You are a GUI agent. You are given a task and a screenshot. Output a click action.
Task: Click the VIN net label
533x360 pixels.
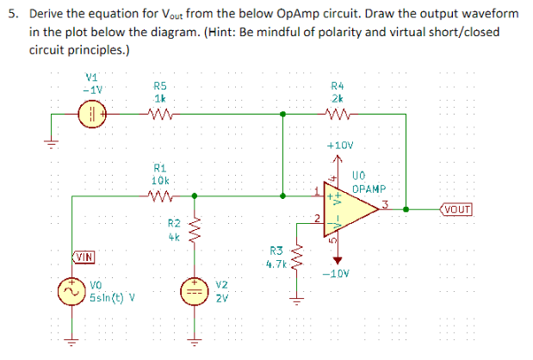(x=84, y=256)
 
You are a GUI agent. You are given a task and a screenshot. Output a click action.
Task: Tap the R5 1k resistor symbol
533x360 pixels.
(x=160, y=115)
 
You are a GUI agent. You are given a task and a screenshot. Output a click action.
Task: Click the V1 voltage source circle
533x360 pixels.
(x=90, y=115)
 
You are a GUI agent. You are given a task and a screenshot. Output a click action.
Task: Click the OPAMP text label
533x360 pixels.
(x=371, y=189)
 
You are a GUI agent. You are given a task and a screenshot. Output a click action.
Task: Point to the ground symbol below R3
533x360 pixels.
(x=297, y=301)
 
